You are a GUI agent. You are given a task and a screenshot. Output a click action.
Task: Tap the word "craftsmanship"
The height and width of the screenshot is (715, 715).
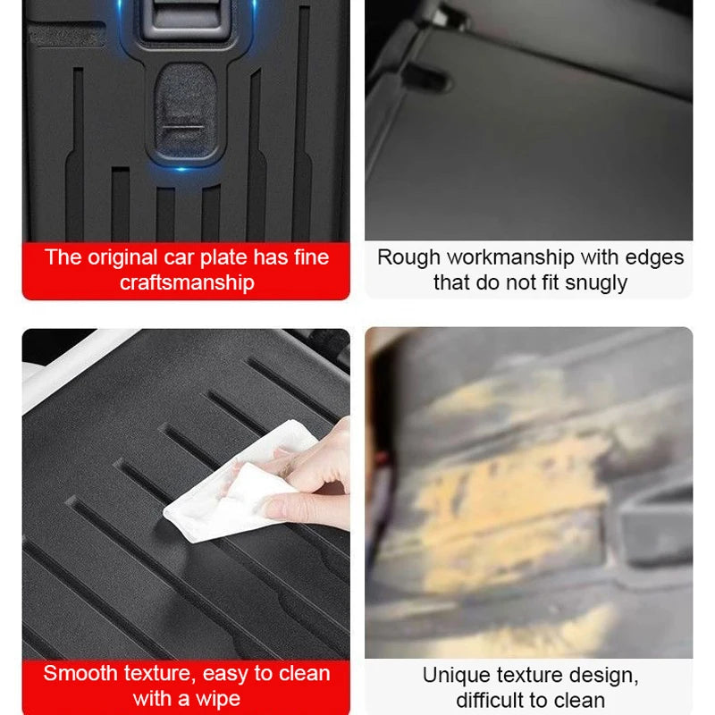(187, 282)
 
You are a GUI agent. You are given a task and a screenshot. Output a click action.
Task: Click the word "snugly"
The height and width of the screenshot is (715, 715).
(595, 282)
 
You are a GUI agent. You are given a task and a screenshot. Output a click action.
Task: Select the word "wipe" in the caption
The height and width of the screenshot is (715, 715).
(218, 698)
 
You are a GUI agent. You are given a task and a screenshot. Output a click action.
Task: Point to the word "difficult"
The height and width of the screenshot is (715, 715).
(492, 700)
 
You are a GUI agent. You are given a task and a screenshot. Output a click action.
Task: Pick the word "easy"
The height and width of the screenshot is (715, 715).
(228, 673)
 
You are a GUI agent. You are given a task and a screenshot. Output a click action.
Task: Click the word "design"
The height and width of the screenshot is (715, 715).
(607, 675)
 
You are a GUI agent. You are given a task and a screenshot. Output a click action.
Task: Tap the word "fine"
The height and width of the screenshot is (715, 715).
(309, 257)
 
